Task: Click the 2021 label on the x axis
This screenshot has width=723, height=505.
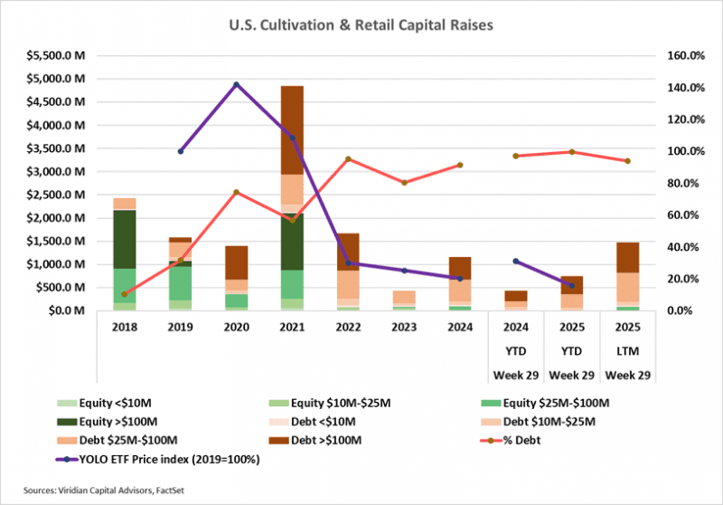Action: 292,329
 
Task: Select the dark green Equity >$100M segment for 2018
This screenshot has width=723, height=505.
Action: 125,239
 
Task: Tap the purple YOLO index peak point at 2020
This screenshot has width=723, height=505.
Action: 237,85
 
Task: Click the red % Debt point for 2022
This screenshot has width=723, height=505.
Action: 348,159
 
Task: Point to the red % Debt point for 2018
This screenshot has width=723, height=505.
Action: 125,294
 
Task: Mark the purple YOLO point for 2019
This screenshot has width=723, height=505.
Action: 181,151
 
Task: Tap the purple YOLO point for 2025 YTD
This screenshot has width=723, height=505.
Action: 571,285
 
